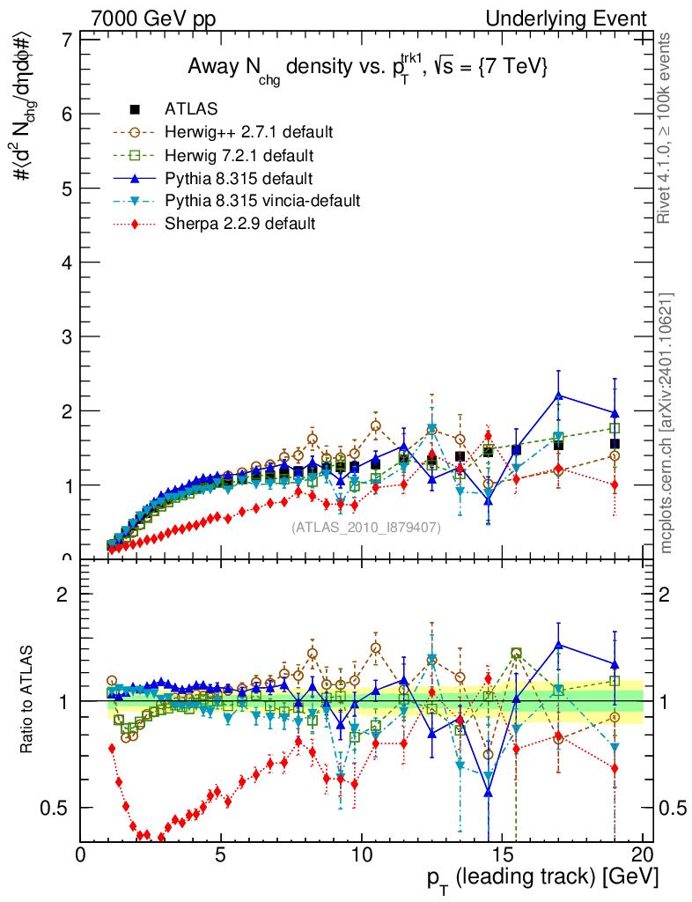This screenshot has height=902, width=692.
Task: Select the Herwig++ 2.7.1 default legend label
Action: coord(248,132)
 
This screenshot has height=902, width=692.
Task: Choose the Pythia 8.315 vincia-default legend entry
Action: coord(261,201)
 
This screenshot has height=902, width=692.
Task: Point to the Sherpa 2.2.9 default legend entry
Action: coord(239,224)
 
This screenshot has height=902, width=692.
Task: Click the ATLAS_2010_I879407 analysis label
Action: coord(366,528)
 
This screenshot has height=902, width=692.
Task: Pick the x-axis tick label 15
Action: coord(502,855)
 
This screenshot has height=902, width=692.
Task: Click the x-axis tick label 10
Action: coord(361,855)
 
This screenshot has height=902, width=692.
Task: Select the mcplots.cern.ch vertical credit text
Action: coord(666,423)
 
